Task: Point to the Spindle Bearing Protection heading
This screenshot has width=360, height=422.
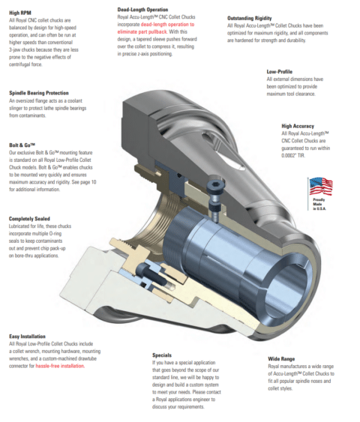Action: click(39, 92)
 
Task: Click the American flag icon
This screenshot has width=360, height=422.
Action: click(320, 185)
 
